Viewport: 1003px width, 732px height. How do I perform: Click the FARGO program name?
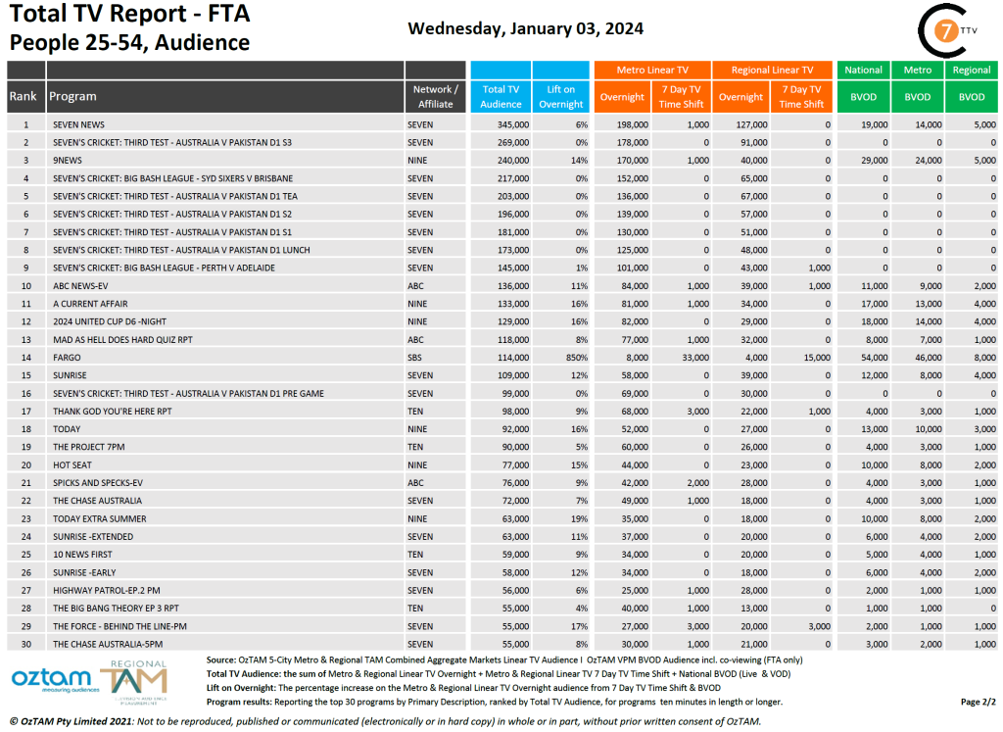pyautogui.click(x=68, y=358)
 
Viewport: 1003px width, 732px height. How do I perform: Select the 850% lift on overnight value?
pyautogui.click(x=573, y=358)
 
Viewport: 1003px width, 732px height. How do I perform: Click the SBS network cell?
pyautogui.click(x=416, y=358)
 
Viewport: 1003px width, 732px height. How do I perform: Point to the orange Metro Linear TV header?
pyautogui.click(x=652, y=70)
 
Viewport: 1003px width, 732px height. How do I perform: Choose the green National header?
pyautogui.click(x=863, y=70)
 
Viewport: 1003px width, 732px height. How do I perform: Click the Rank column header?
pyautogui.click(x=24, y=96)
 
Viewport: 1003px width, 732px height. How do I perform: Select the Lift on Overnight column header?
pyautogui.click(x=561, y=96)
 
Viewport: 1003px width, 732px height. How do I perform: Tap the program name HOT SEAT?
pyautogui.click(x=72, y=465)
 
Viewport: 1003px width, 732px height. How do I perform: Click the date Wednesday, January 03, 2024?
pyautogui.click(x=525, y=28)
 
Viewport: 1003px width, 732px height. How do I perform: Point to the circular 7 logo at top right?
pyautogui.click(x=946, y=28)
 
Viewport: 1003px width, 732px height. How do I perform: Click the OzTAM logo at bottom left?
pyautogui.click(x=51, y=678)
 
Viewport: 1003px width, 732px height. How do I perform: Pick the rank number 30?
pyautogui.click(x=26, y=644)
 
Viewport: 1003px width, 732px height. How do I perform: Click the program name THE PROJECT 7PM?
pyautogui.click(x=89, y=447)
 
